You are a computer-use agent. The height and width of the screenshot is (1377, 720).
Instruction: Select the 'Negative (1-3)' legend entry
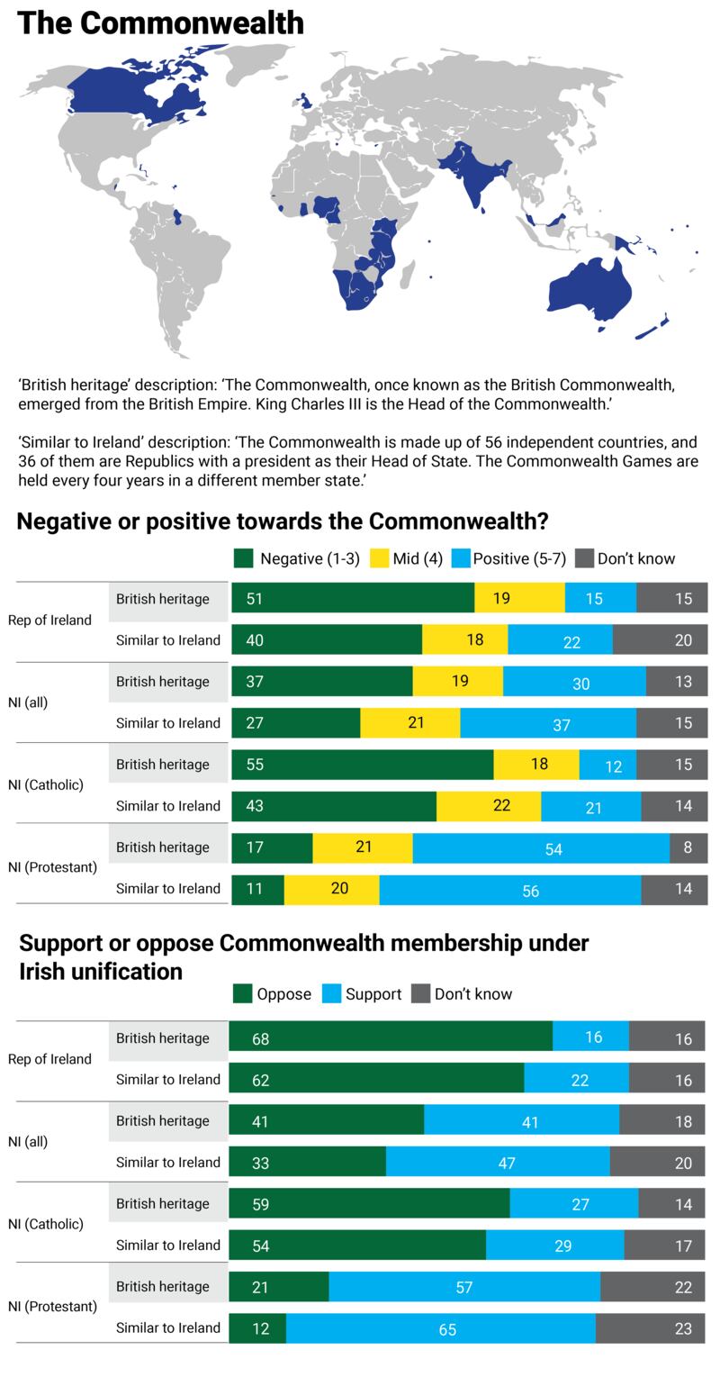[297, 558]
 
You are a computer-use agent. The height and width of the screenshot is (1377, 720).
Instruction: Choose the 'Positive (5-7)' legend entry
[508, 558]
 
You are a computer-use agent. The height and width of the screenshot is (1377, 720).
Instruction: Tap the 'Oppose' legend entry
[273, 994]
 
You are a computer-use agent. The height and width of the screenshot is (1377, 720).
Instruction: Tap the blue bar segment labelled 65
[441, 1328]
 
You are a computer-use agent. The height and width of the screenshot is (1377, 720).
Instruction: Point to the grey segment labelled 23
[650, 1328]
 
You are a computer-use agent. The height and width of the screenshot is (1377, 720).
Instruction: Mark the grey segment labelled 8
[688, 847]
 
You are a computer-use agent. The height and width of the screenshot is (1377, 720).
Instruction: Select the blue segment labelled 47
[498, 1162]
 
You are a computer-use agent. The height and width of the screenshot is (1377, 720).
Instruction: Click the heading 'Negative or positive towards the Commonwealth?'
[283, 521]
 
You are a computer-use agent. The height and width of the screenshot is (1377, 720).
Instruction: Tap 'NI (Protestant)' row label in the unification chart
[52, 1307]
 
